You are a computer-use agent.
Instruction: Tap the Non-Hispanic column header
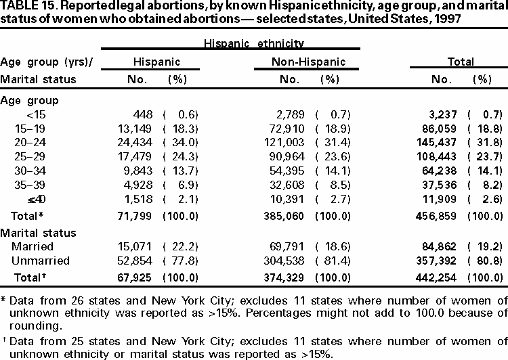309,62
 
